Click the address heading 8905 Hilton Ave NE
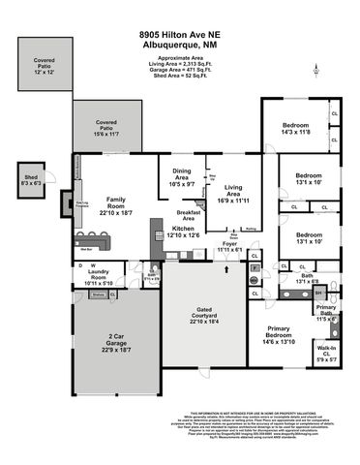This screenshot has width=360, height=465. [180, 8]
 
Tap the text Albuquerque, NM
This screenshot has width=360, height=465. [180, 19]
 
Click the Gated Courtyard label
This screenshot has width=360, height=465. [200, 314]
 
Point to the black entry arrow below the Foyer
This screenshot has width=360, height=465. [225, 272]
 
